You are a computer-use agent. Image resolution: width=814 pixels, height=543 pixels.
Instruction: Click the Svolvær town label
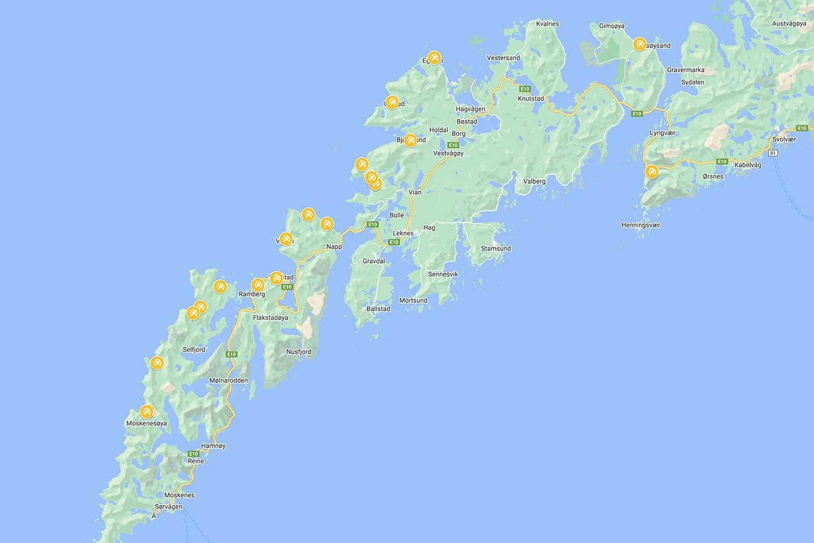tap(784, 139)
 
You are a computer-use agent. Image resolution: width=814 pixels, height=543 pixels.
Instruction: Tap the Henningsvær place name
tap(641, 225)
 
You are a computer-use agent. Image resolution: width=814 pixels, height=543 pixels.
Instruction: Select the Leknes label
tap(403, 233)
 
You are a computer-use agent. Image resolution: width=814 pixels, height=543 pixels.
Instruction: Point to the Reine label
tap(196, 461)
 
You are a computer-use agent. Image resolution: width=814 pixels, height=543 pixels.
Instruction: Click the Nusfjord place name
tap(299, 352)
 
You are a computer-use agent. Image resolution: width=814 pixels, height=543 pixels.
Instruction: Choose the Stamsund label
tap(496, 249)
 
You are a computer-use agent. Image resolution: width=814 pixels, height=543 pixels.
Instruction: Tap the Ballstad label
tap(378, 309)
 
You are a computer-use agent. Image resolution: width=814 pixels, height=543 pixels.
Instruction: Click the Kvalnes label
tap(547, 24)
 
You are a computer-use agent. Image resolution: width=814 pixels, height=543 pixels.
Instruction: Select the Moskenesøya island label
tap(147, 423)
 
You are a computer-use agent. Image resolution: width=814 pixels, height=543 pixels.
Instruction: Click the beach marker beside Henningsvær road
tap(652, 171)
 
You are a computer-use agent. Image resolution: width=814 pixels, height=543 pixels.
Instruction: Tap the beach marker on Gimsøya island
tap(639, 44)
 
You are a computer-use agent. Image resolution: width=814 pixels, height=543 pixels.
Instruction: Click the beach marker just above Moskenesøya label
tap(147, 411)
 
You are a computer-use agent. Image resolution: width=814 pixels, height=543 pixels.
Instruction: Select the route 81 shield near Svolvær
tap(773, 153)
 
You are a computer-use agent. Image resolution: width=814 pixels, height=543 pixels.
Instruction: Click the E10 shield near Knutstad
tap(525, 89)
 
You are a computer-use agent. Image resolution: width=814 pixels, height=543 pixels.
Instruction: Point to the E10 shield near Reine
tap(193, 453)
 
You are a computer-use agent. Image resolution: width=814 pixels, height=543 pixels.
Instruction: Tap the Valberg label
tap(534, 182)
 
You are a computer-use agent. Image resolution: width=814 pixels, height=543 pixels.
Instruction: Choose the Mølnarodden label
tap(229, 380)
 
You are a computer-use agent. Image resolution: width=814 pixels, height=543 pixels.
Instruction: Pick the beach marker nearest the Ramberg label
tap(257, 285)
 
